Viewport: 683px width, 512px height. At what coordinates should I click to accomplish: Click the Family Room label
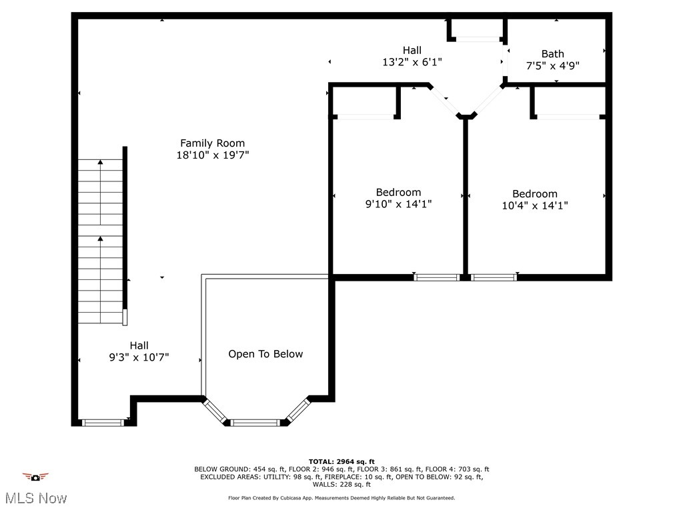pos(212,143)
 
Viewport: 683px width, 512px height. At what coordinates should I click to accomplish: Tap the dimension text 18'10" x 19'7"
pos(212,155)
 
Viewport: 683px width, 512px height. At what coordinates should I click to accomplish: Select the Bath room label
pos(552,53)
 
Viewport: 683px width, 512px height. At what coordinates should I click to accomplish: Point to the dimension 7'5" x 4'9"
pos(552,66)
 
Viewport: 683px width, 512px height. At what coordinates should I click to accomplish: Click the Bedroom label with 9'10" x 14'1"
pos(398,192)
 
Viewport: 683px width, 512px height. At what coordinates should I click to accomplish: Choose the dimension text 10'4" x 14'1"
pos(534,206)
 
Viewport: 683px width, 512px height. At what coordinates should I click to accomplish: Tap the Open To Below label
pos(265,354)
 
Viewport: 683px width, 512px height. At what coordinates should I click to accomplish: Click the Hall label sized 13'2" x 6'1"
pos(412,50)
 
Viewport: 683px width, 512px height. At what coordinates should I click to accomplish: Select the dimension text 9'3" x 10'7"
pos(139,357)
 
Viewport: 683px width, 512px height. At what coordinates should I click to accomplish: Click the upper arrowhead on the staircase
pos(100,161)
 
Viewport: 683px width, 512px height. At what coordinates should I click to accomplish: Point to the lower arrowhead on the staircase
pos(100,238)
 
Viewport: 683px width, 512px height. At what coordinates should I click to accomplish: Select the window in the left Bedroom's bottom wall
pos(436,277)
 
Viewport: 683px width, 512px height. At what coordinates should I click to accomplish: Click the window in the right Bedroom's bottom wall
pos(494,277)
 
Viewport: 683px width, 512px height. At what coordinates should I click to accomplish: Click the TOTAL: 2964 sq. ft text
pos(341,461)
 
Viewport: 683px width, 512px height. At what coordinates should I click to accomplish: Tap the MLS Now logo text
pos(35,498)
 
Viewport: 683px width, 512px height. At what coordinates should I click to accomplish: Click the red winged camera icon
pos(35,477)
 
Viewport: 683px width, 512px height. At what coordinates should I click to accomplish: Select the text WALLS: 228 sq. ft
pos(341,485)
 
